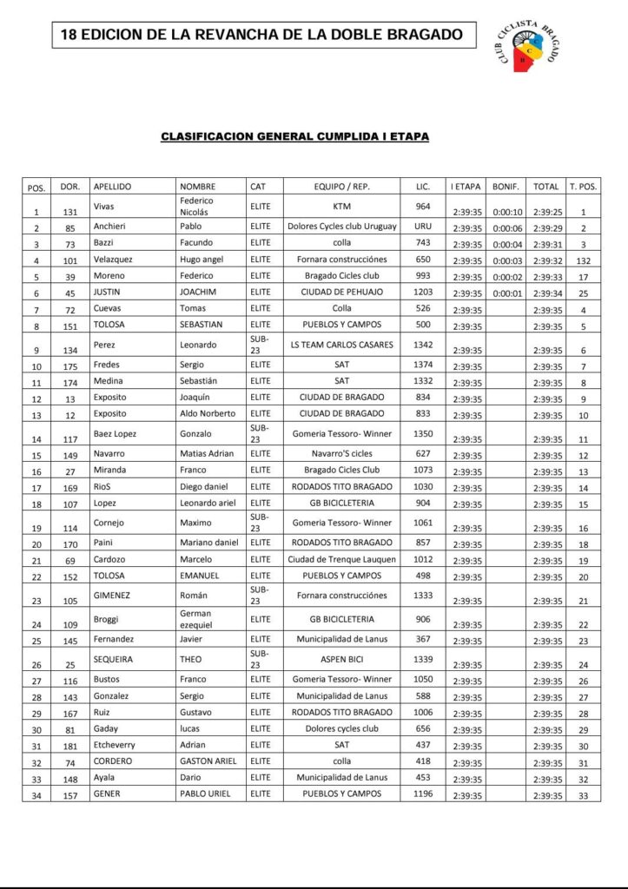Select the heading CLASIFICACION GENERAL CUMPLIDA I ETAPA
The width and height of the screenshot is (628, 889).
294,136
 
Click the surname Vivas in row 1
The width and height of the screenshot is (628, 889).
104,206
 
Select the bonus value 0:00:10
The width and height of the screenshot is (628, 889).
507,212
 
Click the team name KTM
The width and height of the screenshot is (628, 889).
341,206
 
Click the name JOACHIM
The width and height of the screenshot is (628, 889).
198,292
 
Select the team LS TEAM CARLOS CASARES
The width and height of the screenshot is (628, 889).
341,346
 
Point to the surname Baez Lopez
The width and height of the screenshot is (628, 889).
115,433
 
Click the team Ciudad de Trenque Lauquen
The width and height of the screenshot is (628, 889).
341,559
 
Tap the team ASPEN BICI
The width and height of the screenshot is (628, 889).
341,660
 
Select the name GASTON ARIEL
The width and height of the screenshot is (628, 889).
208,761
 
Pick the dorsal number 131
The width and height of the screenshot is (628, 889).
70,212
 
